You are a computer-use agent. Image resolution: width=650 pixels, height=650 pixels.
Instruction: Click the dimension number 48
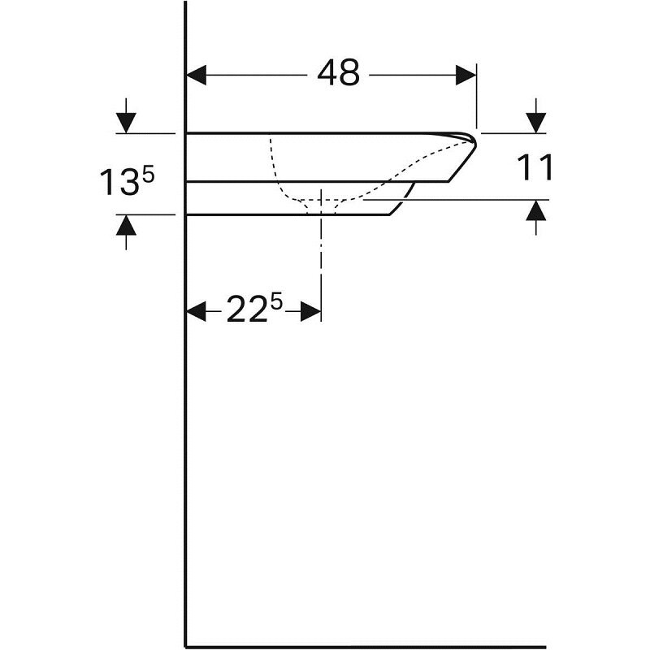coord(338,73)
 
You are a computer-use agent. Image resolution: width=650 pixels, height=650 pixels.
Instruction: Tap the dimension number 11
coord(535,167)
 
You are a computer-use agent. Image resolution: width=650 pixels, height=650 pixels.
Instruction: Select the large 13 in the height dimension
coord(119,181)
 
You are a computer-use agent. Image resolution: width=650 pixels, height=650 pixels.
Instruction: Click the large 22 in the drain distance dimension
coord(246,310)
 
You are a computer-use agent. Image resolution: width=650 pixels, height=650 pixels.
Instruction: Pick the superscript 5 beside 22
coord(276,301)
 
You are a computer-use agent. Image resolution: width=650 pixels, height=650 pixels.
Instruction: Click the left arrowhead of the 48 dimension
coord(197,75)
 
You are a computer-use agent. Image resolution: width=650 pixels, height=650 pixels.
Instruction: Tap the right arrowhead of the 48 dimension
coord(466,75)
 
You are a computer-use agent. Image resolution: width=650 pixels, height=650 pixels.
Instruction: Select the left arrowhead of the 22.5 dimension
coord(197,311)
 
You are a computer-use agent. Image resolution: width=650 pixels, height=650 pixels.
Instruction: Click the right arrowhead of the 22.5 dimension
coord(311,311)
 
